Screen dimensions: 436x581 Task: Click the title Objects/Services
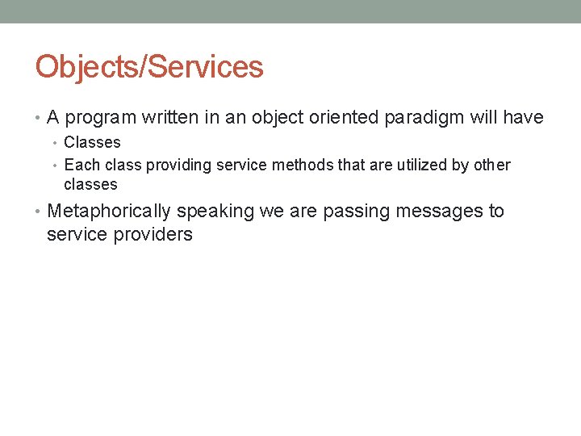coord(149,66)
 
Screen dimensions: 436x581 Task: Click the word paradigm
coord(424,119)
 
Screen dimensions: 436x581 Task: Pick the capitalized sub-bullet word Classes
coord(92,143)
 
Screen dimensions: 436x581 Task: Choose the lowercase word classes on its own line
coord(90,185)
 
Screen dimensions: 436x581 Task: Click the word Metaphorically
coord(109,212)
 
